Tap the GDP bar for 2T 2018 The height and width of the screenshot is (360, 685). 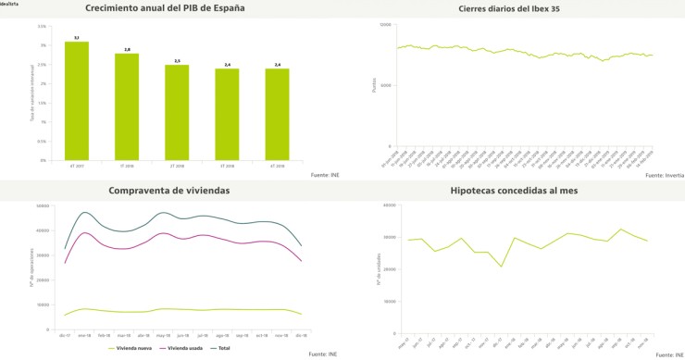[177, 112]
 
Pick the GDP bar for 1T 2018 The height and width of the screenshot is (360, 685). [127, 106]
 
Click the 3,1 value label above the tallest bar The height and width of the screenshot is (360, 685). [77, 38]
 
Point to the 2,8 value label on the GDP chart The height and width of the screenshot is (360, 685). [127, 49]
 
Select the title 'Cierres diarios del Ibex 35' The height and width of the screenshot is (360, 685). [522, 9]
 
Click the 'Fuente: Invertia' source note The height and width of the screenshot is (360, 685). [662, 174]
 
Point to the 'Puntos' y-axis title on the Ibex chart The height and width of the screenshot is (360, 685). [374, 85]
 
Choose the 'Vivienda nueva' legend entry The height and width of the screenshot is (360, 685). [137, 348]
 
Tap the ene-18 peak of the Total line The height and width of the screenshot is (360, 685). [85, 213]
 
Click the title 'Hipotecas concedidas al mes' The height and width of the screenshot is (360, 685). [522, 190]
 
